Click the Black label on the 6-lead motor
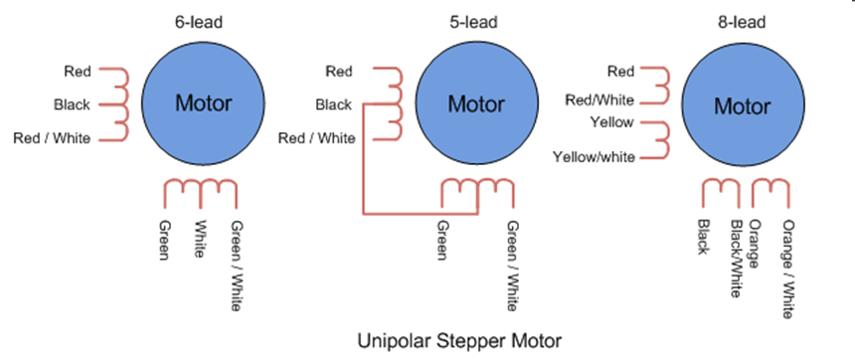coord(72,104)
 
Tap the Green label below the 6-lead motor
coord(165,239)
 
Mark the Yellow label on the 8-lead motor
coord(613,123)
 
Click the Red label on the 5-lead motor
coord(338,72)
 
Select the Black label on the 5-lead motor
coord(333,104)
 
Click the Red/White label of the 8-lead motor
coord(600,97)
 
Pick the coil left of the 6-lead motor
coord(120,103)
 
